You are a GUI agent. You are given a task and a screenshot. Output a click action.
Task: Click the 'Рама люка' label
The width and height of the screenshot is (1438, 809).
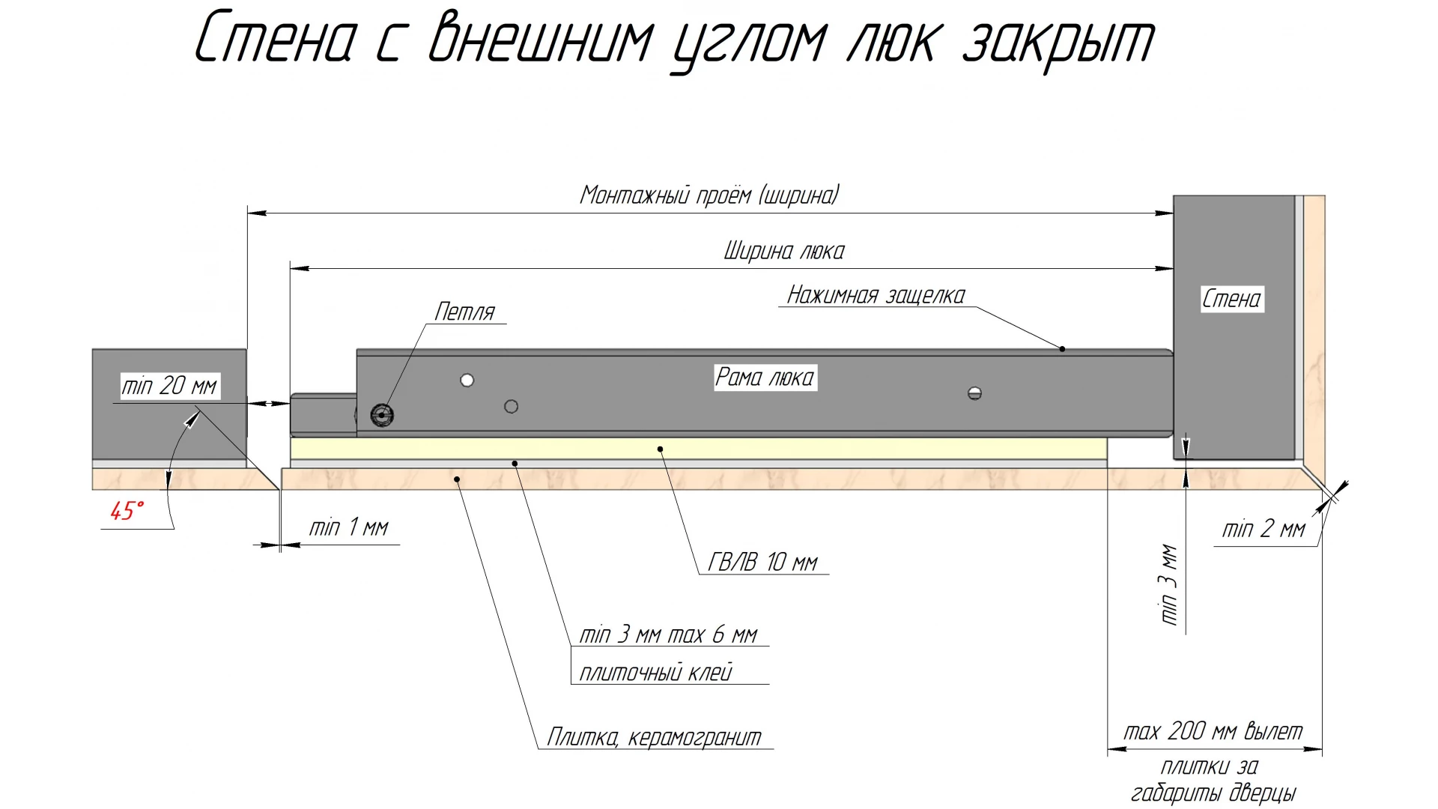764,377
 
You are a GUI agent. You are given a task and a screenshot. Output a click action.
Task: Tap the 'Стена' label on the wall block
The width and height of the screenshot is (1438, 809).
1231,299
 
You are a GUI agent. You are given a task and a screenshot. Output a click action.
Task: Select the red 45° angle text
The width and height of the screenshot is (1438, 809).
126,511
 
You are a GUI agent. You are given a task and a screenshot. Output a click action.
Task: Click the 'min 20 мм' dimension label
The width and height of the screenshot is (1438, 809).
169,387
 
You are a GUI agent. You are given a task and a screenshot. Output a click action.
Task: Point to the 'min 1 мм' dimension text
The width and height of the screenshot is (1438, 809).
349,527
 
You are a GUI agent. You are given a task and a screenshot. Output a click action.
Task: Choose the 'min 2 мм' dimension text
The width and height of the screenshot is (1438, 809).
1263,529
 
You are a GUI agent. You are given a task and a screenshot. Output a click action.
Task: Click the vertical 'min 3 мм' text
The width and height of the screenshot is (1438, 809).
1169,584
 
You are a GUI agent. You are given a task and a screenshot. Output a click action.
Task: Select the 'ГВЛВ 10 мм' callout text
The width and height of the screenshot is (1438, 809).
762,562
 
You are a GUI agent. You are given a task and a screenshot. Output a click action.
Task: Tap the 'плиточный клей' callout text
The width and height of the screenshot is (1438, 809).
655,672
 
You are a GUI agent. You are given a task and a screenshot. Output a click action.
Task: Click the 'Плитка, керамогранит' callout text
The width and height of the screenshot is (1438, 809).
654,737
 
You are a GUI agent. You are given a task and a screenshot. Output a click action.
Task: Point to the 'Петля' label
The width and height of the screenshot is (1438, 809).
464,312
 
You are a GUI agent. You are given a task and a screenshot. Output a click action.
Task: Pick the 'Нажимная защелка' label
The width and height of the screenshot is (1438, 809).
876,295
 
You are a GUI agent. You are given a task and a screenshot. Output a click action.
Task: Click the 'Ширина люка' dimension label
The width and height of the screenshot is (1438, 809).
783,251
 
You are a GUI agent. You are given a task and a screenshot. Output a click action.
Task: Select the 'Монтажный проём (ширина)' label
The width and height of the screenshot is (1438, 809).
709,196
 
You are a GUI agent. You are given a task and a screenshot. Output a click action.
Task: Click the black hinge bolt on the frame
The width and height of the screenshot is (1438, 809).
382,415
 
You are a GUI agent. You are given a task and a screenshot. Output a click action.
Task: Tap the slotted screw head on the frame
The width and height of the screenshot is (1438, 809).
974,393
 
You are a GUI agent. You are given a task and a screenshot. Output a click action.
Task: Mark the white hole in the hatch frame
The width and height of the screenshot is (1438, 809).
467,381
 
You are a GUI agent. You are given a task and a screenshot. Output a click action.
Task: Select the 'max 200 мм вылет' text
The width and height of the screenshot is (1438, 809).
1213,731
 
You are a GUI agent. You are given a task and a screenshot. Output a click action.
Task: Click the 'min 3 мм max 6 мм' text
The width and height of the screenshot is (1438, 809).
668,634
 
